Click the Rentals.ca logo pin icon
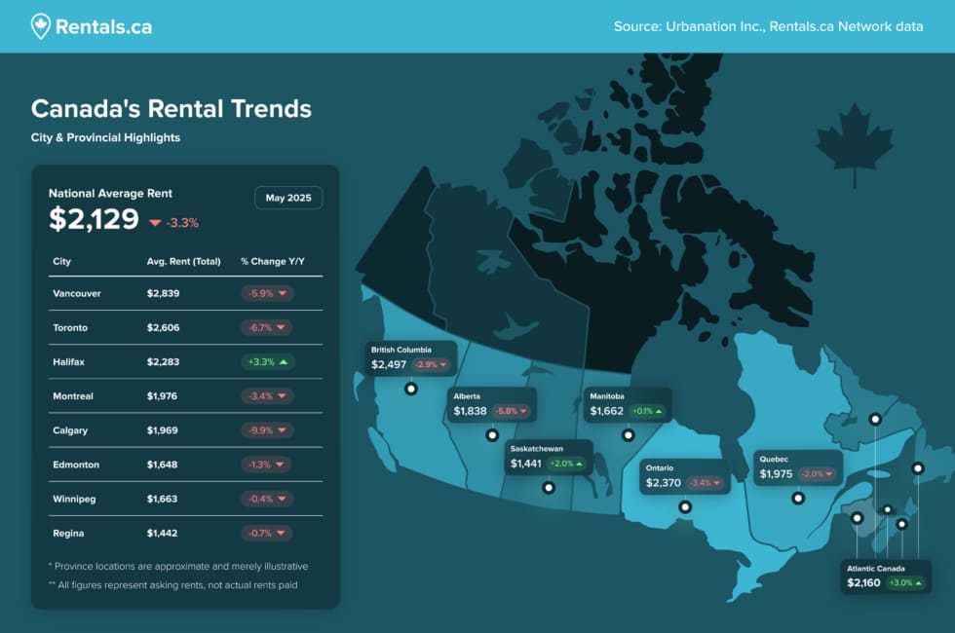(x=40, y=26)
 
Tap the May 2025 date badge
(x=287, y=198)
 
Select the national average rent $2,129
(x=95, y=220)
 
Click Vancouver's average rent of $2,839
(x=164, y=293)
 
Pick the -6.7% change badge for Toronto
(x=267, y=327)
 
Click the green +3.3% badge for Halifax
(x=267, y=362)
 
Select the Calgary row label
(x=72, y=430)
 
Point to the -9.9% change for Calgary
(x=267, y=430)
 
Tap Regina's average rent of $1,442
(x=164, y=534)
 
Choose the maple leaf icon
(x=855, y=146)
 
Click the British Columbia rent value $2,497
(x=388, y=364)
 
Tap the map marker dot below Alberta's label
(x=492, y=435)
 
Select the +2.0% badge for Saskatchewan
(x=565, y=465)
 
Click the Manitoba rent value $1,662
(x=606, y=412)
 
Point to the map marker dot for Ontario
(x=685, y=506)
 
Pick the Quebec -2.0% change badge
(x=817, y=474)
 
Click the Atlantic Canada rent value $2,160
(x=863, y=583)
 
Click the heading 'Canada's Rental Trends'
(x=172, y=108)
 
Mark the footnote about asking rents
(x=172, y=585)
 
